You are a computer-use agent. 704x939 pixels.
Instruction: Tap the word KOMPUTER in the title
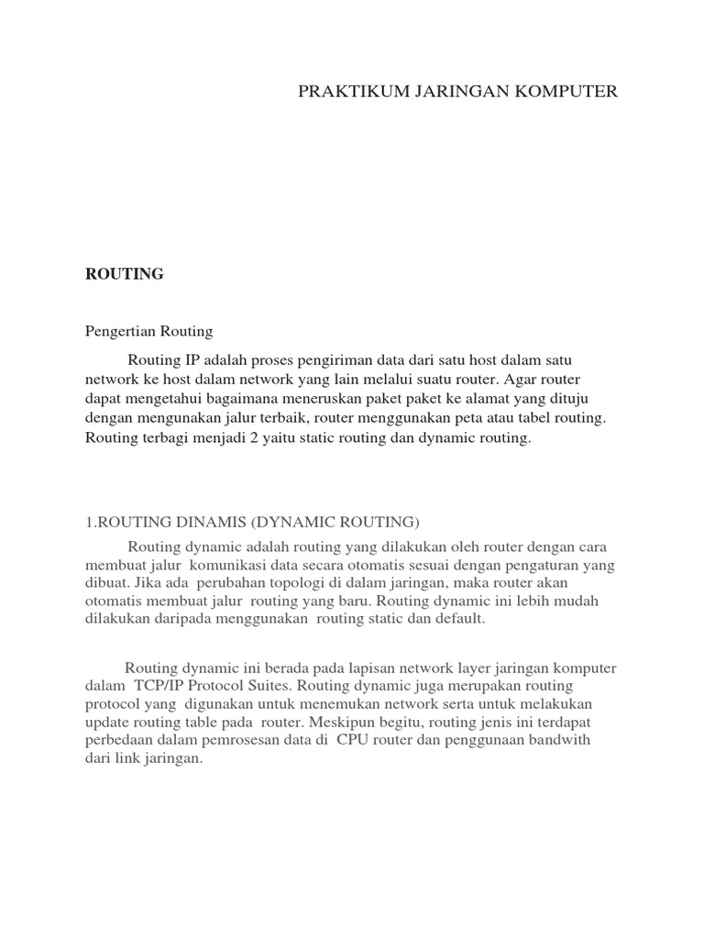(572, 91)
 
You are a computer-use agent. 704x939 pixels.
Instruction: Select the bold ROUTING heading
(124, 274)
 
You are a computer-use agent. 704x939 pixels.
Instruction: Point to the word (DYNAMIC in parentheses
(292, 523)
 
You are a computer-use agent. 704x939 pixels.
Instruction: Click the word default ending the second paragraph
(460, 620)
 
